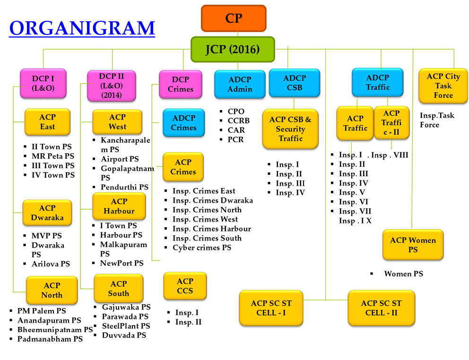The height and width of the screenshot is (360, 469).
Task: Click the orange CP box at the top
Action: pos(234,18)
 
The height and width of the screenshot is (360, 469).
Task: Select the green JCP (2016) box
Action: pos(233,49)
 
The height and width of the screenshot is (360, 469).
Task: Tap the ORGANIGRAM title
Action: pos(82,28)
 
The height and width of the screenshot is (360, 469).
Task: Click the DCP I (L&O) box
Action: pos(43,83)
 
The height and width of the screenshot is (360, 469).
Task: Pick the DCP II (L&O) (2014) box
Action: pos(111,86)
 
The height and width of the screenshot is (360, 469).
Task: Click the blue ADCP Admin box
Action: pos(240,84)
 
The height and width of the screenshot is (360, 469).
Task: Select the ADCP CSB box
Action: pos(295,83)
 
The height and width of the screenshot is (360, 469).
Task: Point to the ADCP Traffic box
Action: pos(377,82)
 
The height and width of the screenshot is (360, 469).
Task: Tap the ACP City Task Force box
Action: pos(443,86)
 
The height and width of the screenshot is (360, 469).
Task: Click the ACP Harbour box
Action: pos(119,206)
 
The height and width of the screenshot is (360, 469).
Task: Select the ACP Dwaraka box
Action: pos(47,213)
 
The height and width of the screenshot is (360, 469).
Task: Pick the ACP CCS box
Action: pos(185,286)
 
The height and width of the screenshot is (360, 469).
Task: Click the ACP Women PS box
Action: pos(413,245)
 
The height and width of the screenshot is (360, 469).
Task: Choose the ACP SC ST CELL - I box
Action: pos(270,308)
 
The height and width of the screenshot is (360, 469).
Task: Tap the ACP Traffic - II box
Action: pos(391,122)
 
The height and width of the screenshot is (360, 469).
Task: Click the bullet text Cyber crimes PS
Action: pos(202,248)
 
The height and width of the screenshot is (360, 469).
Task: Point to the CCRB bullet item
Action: pos(238,120)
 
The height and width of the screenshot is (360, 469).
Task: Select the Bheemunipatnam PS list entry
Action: pos(55,329)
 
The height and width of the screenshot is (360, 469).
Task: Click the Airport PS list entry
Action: pos(120,159)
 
